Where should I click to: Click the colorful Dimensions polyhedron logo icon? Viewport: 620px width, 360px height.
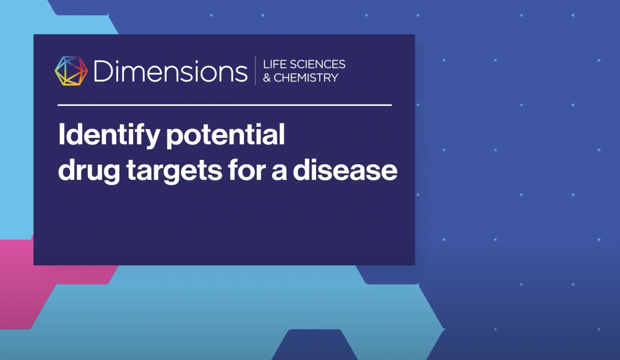71,71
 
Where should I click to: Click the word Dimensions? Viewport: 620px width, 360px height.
171,71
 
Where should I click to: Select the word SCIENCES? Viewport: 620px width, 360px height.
317,64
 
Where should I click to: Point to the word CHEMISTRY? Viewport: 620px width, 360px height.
306,78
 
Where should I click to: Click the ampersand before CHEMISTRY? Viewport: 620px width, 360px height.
267,78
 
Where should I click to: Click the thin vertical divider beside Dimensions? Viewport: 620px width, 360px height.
255,71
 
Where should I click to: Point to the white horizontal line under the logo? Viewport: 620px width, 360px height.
225,105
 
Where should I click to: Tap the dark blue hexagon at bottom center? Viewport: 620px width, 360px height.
314,345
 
